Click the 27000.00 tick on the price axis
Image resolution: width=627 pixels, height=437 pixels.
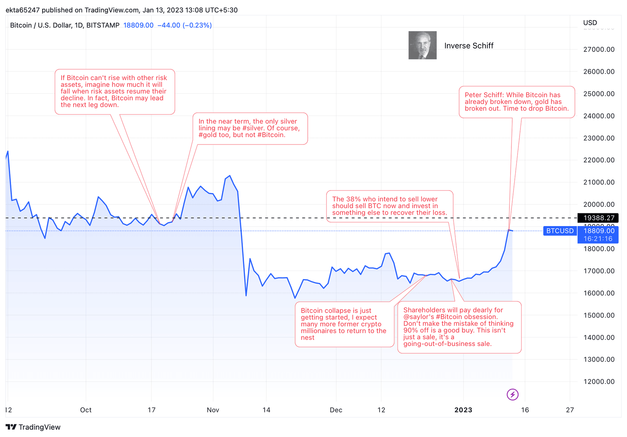pos(599,49)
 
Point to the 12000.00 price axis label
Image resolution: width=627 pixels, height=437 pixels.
pos(599,382)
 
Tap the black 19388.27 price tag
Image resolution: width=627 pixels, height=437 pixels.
pos(598,218)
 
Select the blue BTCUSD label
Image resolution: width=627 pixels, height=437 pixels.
pos(560,231)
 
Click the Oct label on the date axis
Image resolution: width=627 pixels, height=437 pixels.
pos(86,410)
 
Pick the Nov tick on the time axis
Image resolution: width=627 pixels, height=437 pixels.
pos(213,410)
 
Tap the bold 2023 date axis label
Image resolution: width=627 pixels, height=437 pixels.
pos(463,410)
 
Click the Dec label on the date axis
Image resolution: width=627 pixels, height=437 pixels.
pos(336,410)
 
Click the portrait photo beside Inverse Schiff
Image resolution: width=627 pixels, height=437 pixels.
pos(422,45)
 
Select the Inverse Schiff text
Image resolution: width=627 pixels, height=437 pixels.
pos(469,46)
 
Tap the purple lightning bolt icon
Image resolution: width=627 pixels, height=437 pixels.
pos(513,395)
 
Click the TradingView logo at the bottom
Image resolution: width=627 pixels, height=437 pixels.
pos(33,427)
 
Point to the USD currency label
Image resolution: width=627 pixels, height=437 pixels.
pos(590,23)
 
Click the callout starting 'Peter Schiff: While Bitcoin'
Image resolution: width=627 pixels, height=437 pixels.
pos(516,102)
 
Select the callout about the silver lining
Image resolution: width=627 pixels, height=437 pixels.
pos(250,128)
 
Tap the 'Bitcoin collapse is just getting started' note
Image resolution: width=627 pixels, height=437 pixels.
pos(344,324)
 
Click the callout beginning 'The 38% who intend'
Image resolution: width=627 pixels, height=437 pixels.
pos(389,206)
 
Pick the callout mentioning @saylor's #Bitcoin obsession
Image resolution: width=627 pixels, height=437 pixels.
pos(459,327)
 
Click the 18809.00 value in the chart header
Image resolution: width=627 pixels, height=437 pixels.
pos(138,25)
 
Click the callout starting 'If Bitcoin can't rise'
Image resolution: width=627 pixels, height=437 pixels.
pos(114,91)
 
